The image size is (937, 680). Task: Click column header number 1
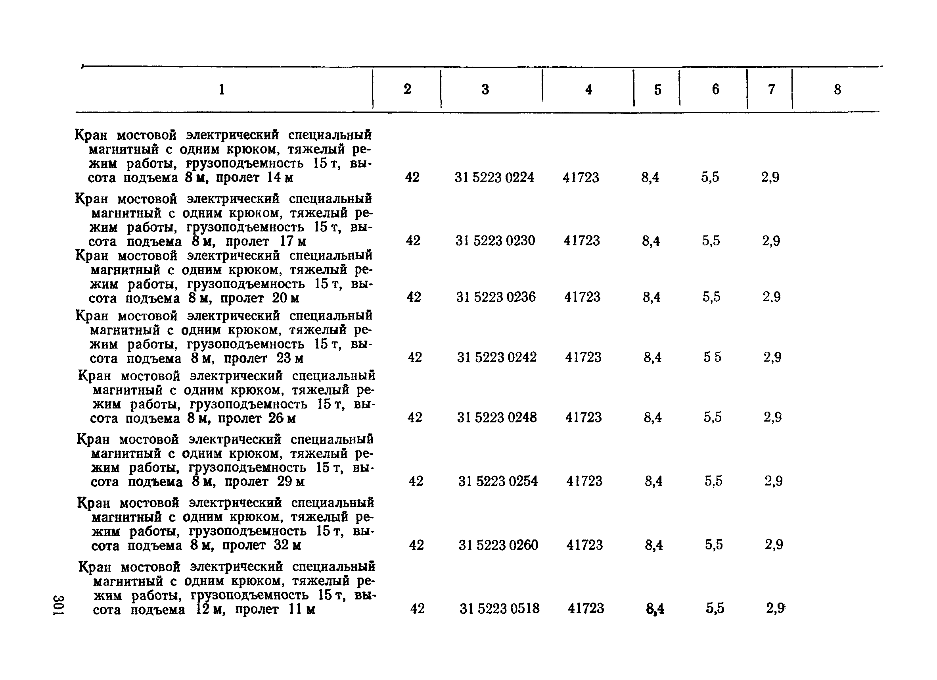(222, 89)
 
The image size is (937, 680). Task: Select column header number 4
(588, 89)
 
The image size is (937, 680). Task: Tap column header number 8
(837, 89)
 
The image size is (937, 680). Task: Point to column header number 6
(716, 89)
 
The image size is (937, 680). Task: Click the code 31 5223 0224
(494, 177)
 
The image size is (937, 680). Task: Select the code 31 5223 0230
(495, 241)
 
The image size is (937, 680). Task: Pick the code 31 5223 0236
(496, 297)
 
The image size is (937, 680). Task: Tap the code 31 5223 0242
(496, 357)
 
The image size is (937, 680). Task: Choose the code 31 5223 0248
(496, 417)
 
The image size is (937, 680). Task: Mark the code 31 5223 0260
(498, 545)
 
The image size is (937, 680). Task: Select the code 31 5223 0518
(500, 609)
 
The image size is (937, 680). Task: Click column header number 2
(407, 89)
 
